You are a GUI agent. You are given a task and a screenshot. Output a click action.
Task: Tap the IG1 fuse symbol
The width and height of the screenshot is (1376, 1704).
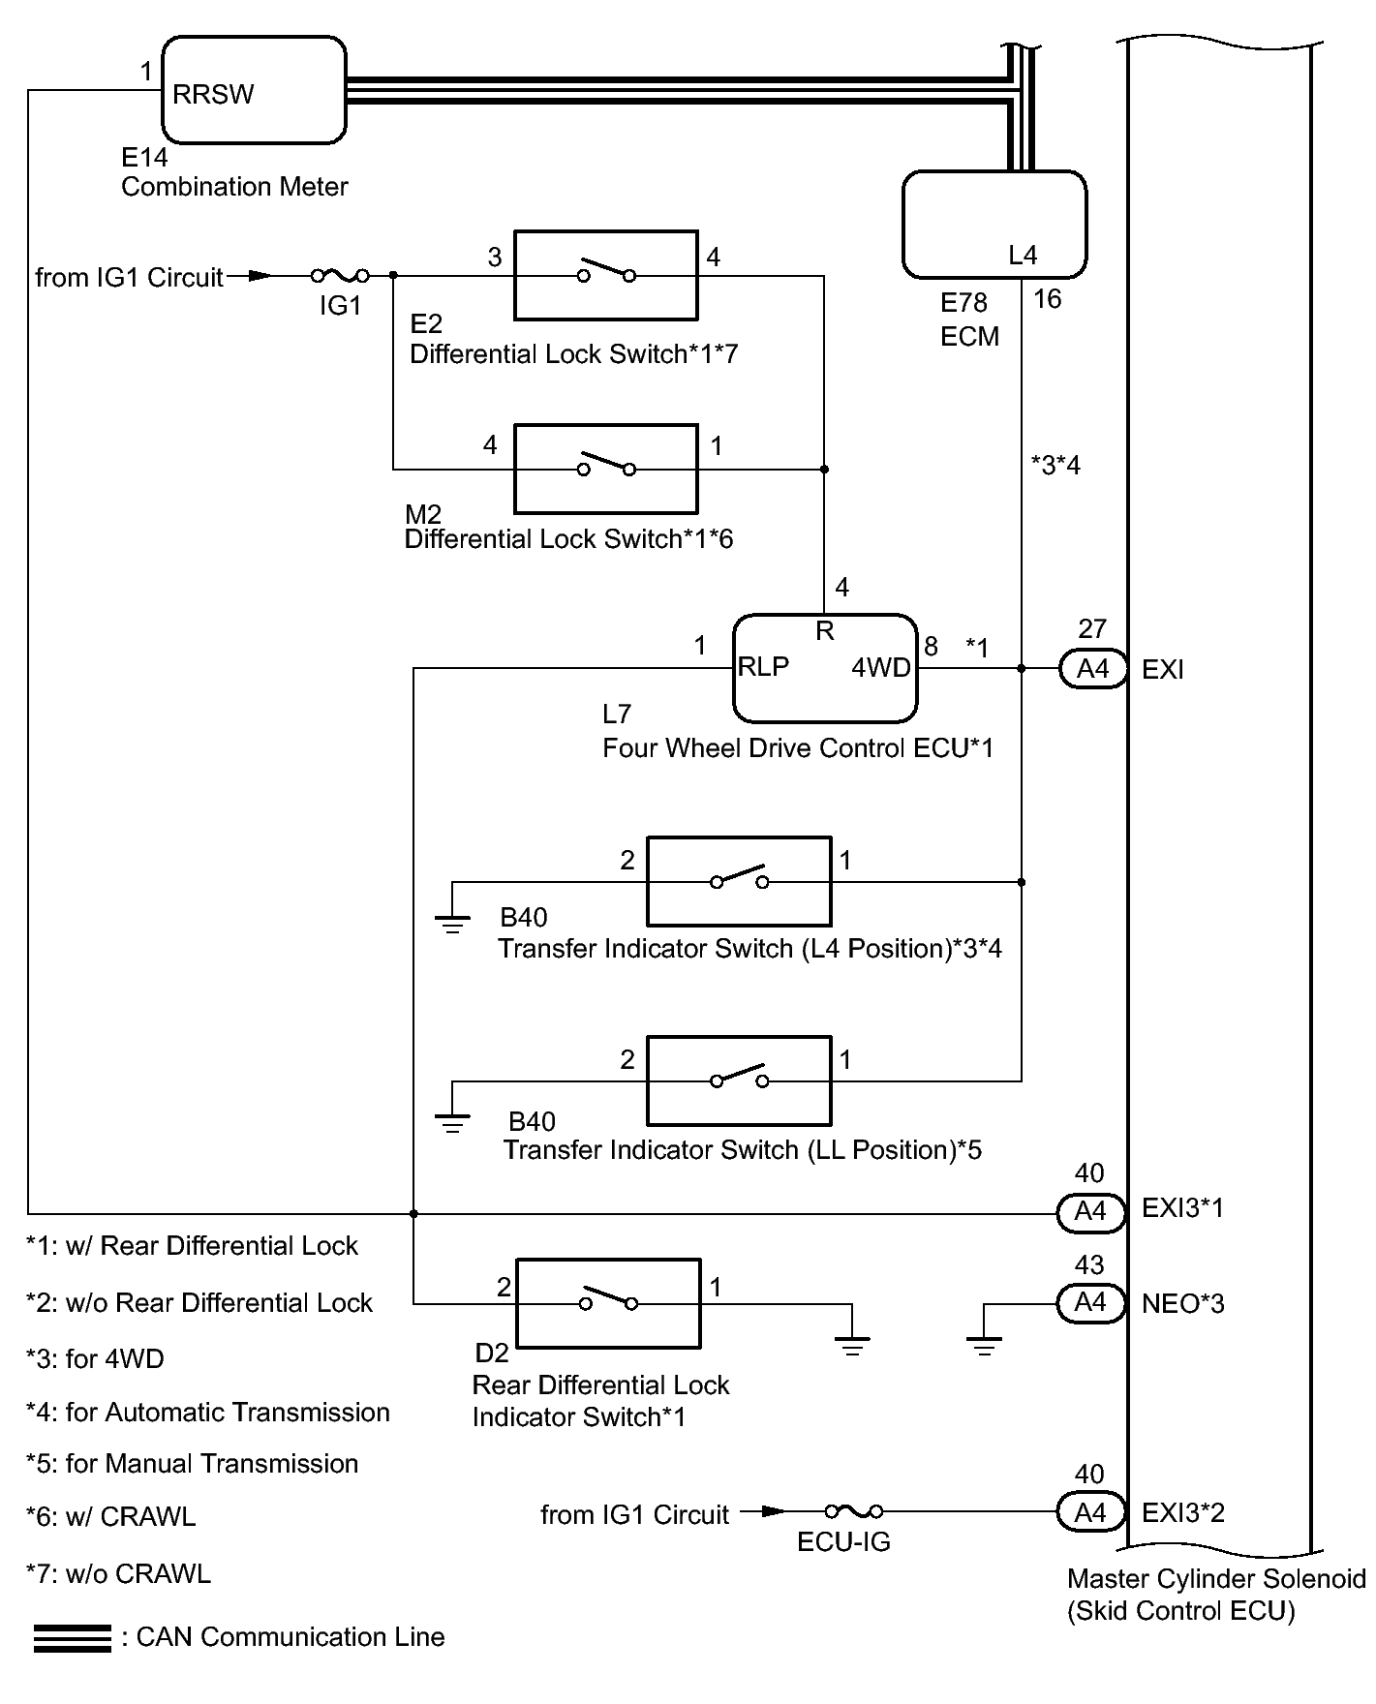[x=340, y=276]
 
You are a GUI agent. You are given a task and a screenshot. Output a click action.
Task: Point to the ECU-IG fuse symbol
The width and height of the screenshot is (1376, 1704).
[x=854, y=1511]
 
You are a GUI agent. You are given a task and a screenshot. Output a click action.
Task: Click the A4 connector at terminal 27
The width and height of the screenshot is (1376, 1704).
[x=1093, y=668]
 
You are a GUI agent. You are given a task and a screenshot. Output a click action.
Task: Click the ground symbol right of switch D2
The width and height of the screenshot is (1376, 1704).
[x=852, y=1344]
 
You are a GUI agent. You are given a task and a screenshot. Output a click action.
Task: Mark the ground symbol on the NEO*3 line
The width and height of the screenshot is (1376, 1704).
[x=984, y=1344]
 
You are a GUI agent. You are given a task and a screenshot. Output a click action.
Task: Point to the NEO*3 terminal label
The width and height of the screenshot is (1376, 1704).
[x=1183, y=1304]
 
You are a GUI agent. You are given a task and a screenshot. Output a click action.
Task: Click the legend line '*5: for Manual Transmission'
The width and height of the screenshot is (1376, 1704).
[x=192, y=1464]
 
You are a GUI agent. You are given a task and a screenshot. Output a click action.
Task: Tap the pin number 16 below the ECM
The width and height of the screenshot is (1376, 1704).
[x=1048, y=299]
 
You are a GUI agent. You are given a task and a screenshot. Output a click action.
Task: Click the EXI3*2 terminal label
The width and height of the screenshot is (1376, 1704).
[x=1183, y=1512]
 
